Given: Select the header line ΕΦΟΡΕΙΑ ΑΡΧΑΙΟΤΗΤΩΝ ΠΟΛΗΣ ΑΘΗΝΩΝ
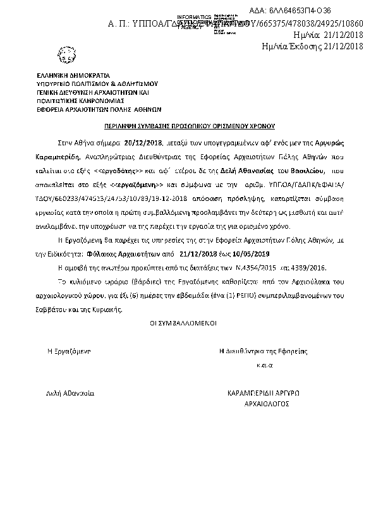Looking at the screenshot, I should click(99, 107).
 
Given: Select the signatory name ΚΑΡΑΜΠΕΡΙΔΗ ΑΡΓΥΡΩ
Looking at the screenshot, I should click(263, 392).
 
